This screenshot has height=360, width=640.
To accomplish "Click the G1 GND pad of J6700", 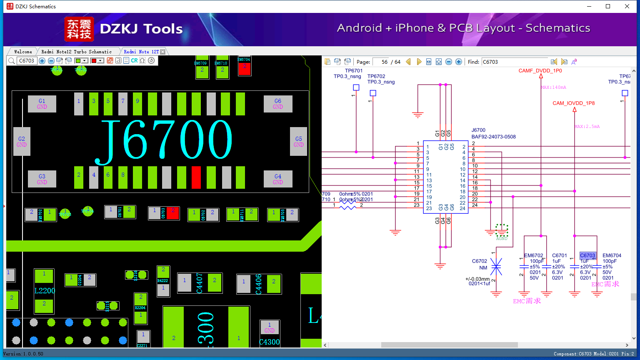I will pos(42,104).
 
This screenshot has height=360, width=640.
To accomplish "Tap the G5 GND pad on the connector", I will pos(298,142).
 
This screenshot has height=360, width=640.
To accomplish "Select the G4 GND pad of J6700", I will pos(277,179).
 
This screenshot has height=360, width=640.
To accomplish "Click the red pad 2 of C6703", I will pos(173,213).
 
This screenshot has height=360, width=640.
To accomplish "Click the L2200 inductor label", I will pos(45,290).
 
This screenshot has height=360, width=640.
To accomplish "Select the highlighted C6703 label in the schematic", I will pos(587,255).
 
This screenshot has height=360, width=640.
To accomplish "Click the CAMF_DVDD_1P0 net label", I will pos(540,71).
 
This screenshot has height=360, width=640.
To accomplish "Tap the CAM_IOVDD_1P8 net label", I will pos(573,103).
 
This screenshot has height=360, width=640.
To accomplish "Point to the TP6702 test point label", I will pos(376,76).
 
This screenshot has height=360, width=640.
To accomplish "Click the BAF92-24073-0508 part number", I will pos(493,137).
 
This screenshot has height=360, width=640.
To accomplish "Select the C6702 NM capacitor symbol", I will pos(496,267).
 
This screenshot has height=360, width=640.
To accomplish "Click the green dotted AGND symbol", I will pos(502,230).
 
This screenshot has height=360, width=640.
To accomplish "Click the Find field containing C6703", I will pos(515,62).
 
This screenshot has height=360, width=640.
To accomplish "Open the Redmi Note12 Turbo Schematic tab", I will pos(77,52).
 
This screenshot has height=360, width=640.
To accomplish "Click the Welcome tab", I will pos(23,52).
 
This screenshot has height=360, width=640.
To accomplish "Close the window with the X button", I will pos(627,6).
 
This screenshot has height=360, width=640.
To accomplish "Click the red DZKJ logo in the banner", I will pos(79,29).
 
